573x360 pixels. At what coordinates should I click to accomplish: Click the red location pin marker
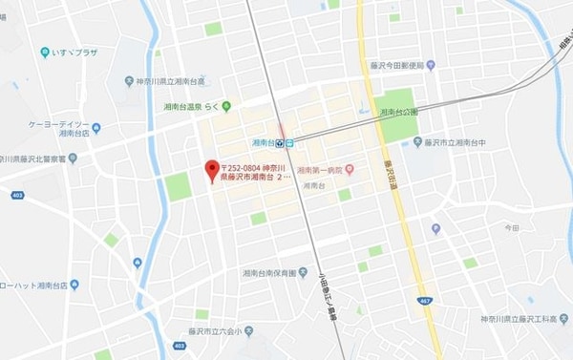click(x=212, y=170)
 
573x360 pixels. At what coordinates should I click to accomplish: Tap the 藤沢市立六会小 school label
click(x=209, y=345)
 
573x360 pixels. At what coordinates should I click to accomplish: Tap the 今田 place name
click(x=512, y=228)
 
